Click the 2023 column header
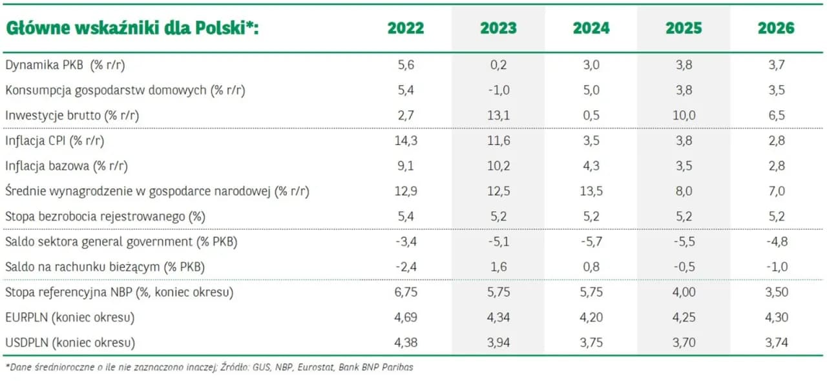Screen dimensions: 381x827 point(498,28)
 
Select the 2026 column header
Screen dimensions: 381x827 point(776,28)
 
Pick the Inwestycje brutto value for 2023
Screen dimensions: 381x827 point(498,116)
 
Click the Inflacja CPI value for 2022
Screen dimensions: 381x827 point(406,141)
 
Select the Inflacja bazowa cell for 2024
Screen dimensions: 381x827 point(591,166)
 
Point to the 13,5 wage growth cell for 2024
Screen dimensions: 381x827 point(591,191)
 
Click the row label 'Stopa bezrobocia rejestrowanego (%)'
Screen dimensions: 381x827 point(105,216)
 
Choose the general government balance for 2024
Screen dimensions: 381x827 point(591,242)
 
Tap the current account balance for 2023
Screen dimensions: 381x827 point(498,267)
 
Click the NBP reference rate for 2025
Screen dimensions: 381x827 point(684,292)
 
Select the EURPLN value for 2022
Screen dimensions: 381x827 point(406,317)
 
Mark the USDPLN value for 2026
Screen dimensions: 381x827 point(776,342)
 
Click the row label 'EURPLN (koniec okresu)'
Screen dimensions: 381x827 point(70,317)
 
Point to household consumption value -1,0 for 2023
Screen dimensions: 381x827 point(498,90)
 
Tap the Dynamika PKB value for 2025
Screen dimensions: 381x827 point(684,65)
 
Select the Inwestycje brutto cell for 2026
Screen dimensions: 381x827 point(776,116)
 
